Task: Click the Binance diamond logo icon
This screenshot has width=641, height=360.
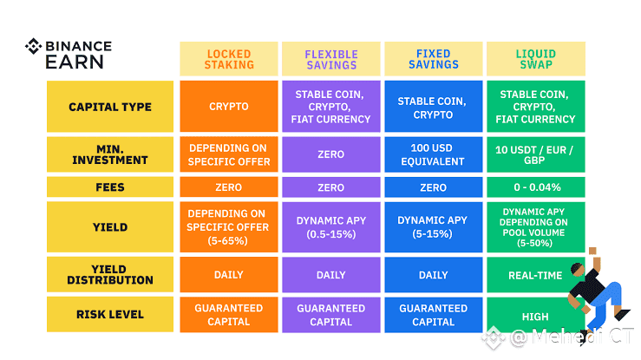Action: point(33,46)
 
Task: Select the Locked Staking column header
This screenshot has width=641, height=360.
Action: point(229,59)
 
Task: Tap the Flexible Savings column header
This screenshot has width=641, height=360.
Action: point(331,59)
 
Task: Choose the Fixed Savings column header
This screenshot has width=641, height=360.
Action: point(434,59)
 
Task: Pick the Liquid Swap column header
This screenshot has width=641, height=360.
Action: point(536,59)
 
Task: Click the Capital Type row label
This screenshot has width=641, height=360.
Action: point(110,107)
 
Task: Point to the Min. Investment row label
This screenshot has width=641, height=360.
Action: point(110,154)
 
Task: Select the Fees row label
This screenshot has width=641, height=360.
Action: point(110,187)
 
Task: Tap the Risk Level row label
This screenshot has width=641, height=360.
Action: point(110,314)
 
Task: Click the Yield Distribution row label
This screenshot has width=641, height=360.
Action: point(110,275)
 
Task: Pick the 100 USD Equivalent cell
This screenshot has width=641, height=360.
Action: point(434,154)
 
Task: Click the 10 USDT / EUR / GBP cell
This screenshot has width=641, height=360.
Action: point(536,154)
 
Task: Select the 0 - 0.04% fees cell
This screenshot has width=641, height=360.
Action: point(536,187)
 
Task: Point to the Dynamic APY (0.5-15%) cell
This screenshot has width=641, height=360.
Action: point(331,227)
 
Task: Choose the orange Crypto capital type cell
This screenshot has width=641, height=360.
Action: point(229,107)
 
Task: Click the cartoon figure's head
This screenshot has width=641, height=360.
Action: point(577,269)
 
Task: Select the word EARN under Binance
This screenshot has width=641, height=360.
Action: point(75,62)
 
